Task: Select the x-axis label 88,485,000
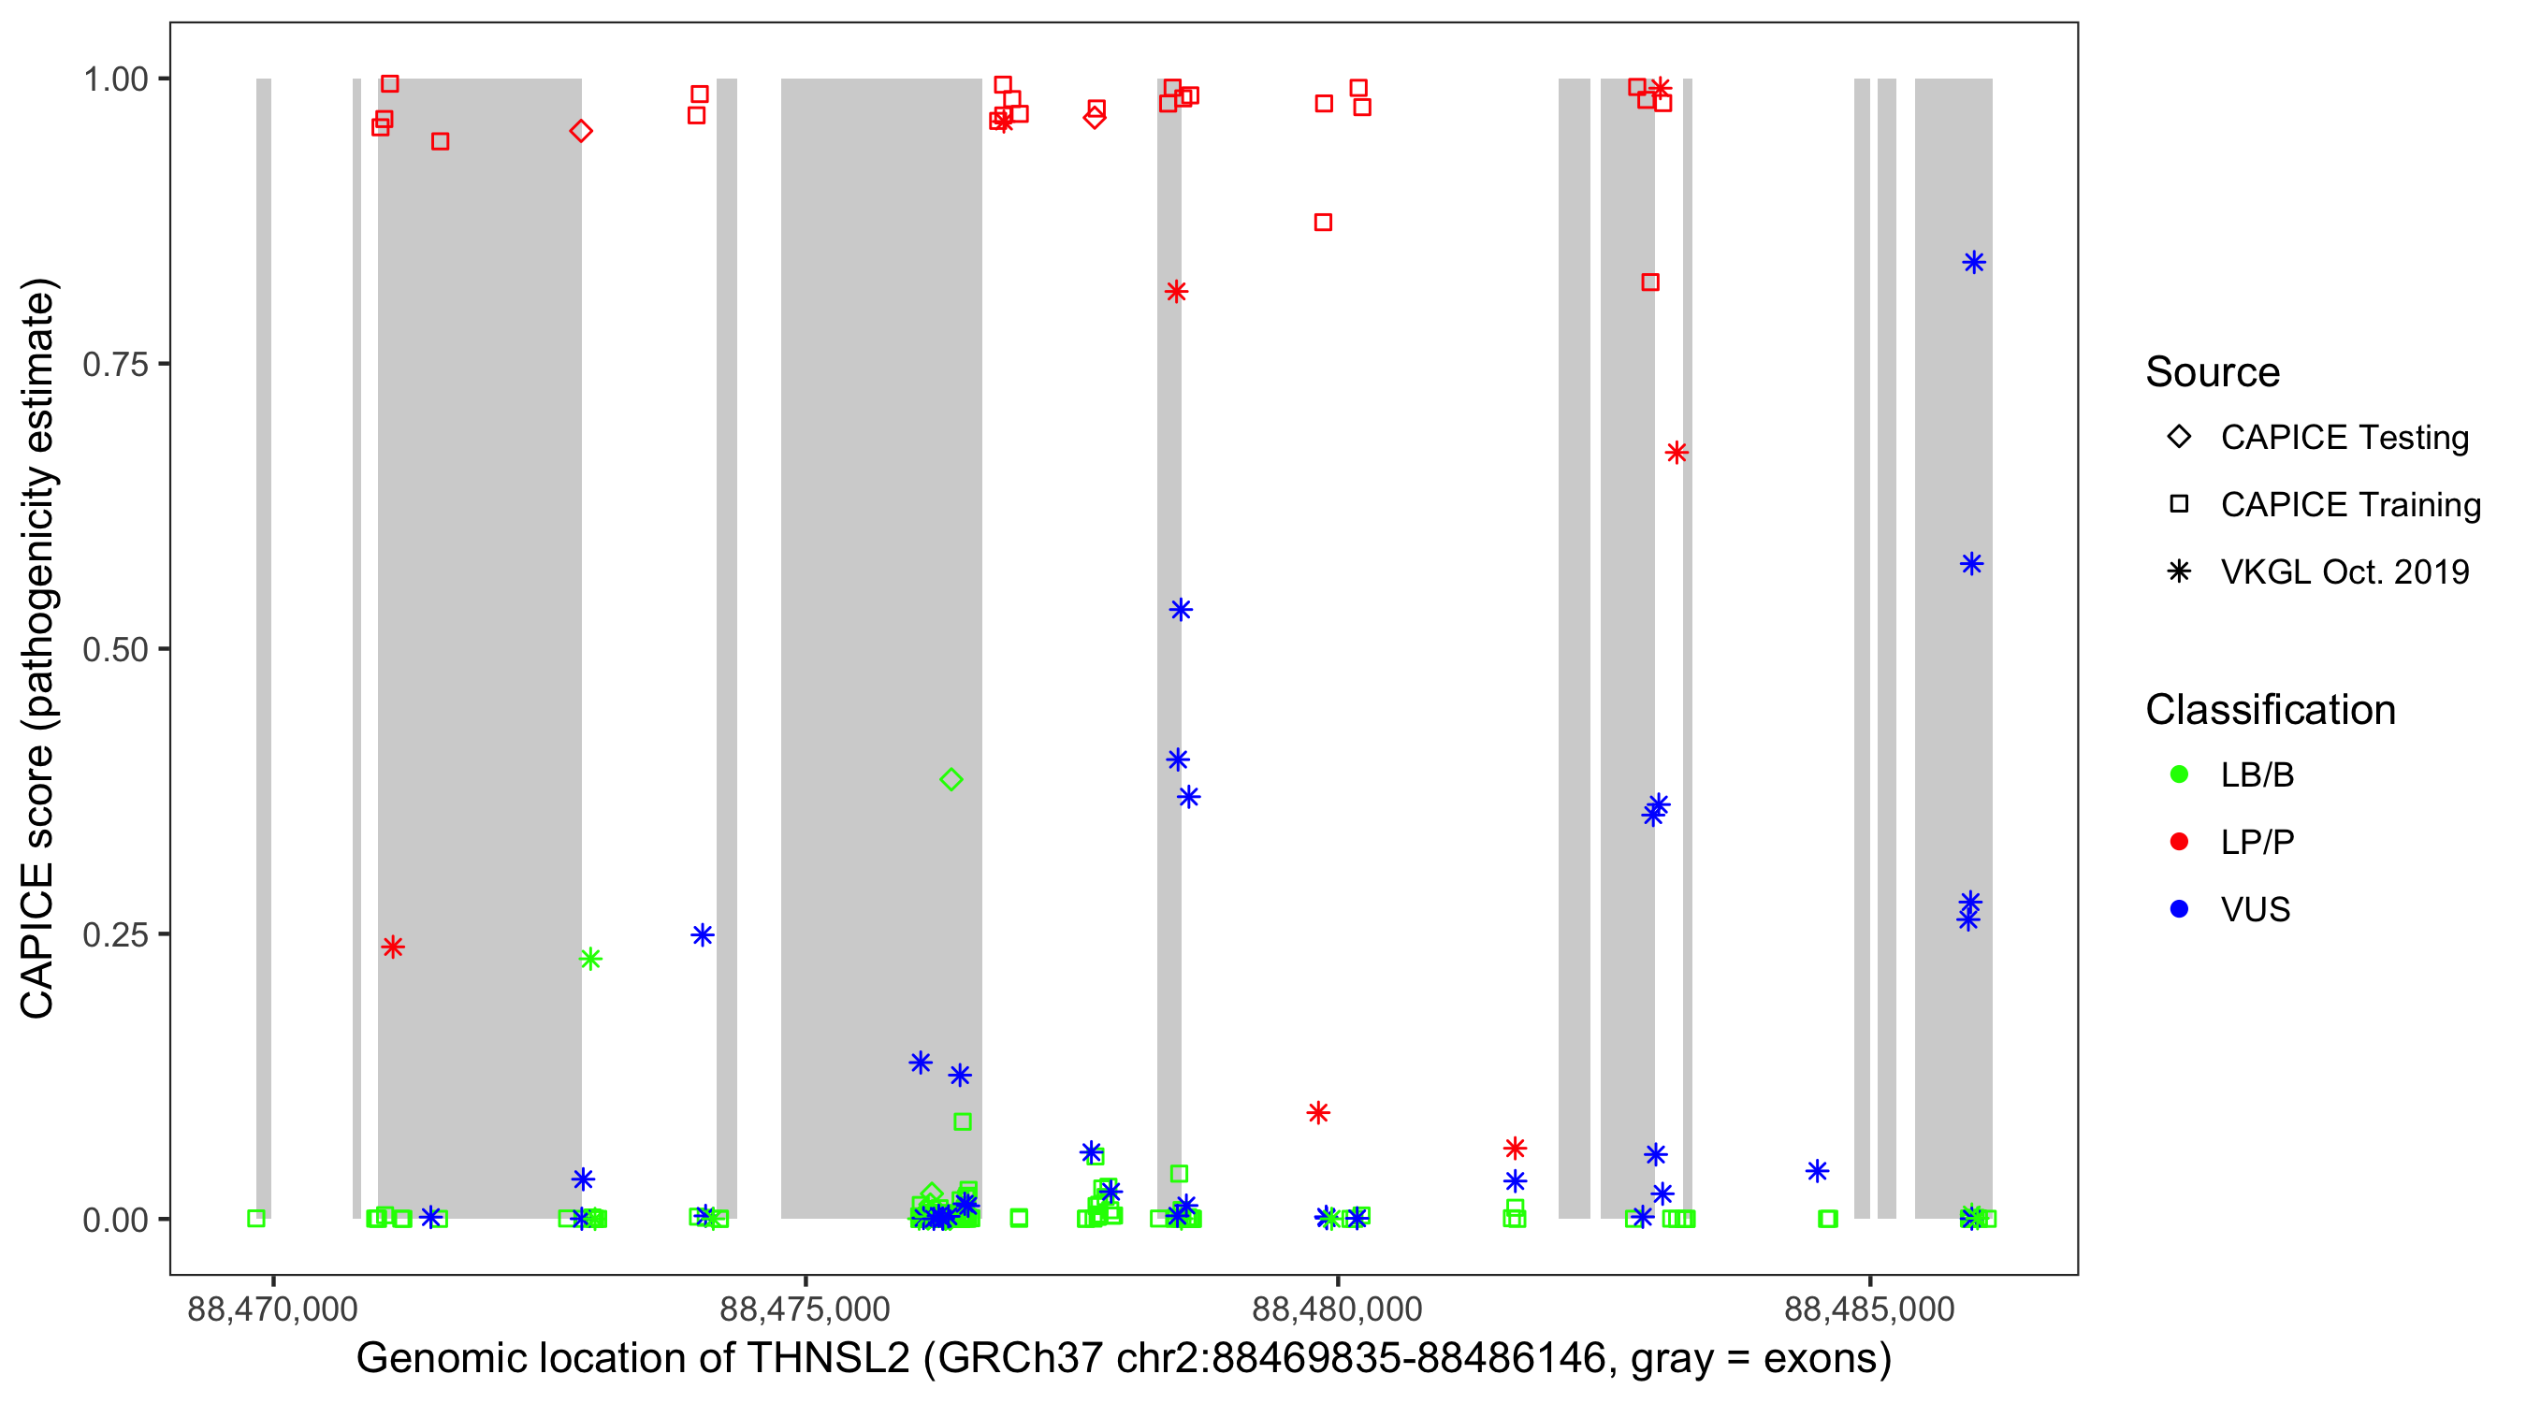click(1869, 1309)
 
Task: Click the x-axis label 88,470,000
click(272, 1309)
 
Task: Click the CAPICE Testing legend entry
click(2344, 438)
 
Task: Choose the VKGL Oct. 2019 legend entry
click(2344, 571)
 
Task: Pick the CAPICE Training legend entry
click(2349, 505)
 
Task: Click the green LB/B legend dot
click(2179, 774)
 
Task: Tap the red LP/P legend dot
click(2179, 842)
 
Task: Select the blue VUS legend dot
click(2179, 909)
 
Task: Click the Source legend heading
click(2213, 372)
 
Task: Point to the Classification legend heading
click(2270, 710)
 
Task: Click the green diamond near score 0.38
click(951, 779)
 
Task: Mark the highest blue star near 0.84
click(1974, 263)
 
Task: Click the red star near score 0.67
click(1676, 453)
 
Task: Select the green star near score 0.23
click(589, 959)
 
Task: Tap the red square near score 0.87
click(1323, 223)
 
